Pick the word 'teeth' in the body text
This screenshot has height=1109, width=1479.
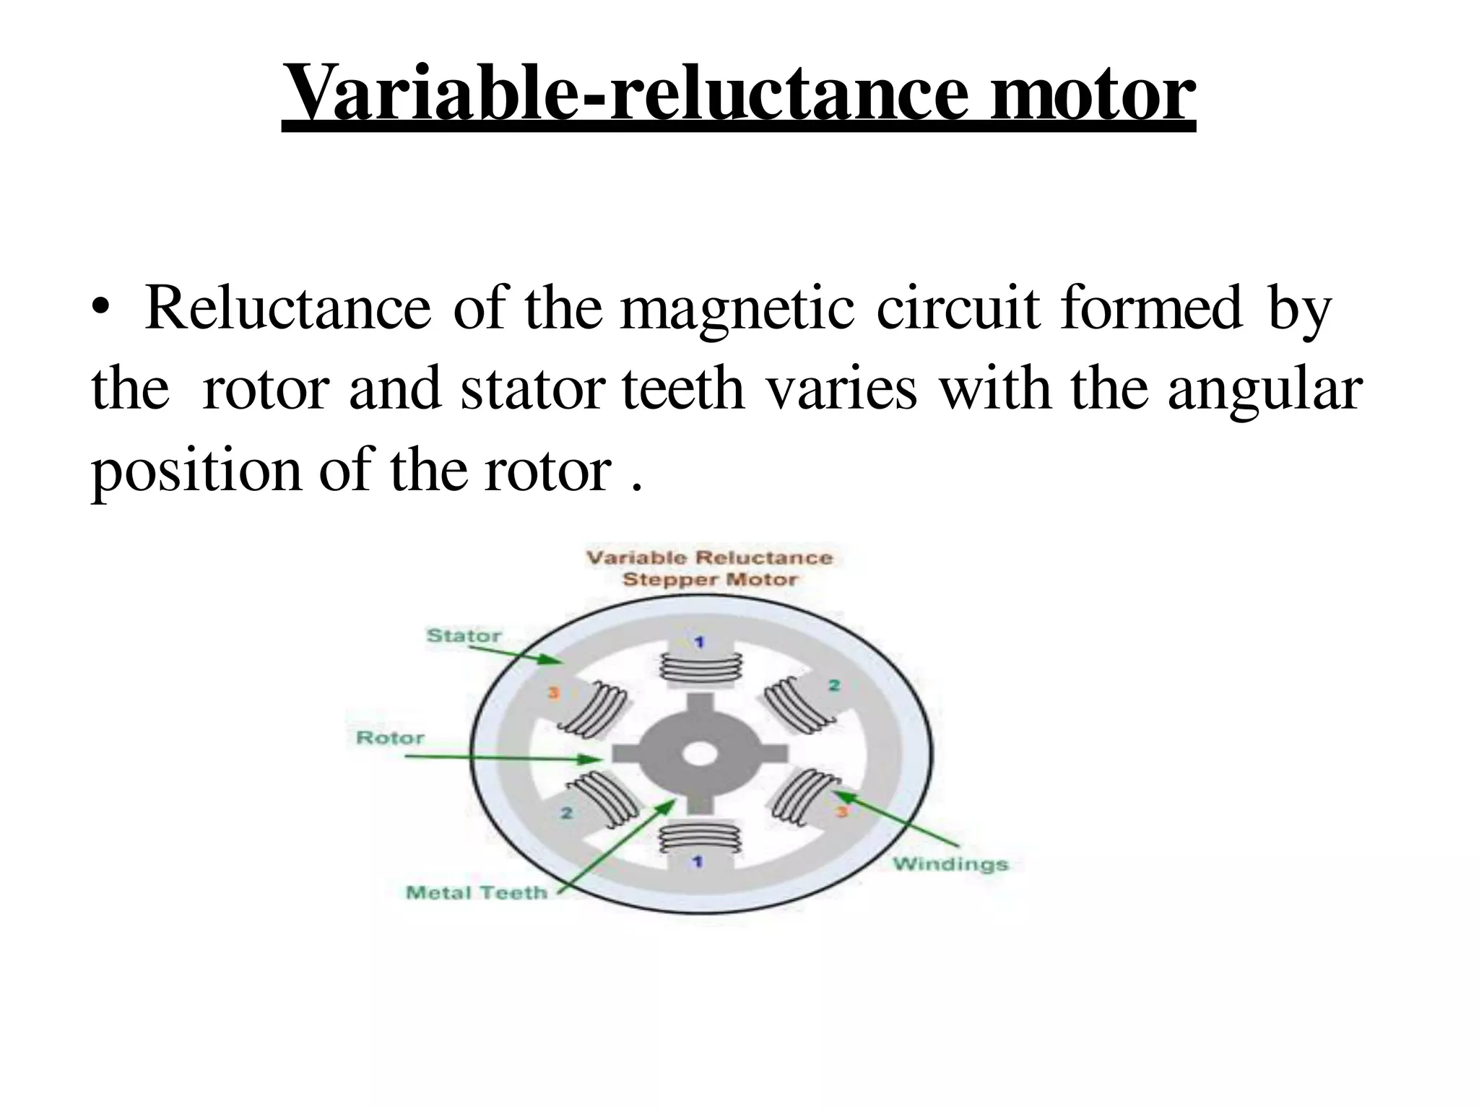tap(682, 390)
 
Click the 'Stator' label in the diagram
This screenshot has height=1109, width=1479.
tap(464, 636)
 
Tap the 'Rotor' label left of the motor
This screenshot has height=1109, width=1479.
tap(391, 738)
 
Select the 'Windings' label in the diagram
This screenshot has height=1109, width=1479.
tap(950, 864)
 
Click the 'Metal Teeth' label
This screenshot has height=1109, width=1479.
tap(477, 893)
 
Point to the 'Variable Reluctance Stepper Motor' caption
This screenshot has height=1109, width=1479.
tap(710, 568)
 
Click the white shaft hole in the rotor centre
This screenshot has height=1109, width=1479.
tap(699, 755)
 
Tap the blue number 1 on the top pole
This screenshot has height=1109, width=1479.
tap(699, 642)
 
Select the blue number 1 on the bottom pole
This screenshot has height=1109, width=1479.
tap(698, 862)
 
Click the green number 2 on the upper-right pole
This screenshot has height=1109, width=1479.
tap(834, 685)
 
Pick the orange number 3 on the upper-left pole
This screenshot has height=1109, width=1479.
tap(554, 693)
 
